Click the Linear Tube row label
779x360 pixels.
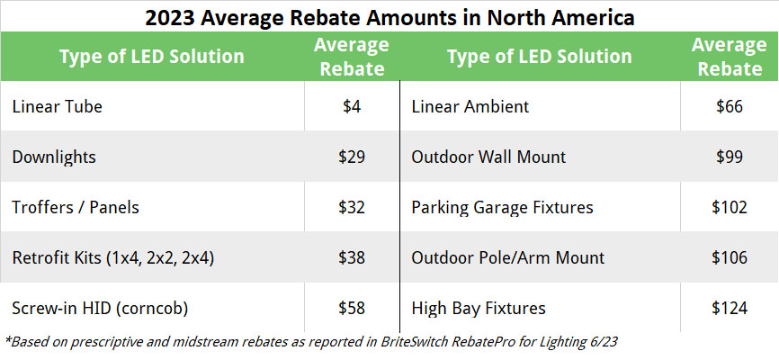58,106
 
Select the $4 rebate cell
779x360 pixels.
352,106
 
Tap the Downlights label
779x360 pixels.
54,157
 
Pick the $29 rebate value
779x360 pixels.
352,157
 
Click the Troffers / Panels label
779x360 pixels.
76,207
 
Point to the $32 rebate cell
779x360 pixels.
352,207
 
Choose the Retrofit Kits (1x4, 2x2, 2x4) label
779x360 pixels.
112,257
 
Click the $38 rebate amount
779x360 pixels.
352,257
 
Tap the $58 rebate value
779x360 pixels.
352,308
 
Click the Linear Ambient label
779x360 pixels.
470,106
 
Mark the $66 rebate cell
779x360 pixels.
730,106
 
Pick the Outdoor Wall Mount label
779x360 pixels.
488,157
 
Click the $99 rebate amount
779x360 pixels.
730,157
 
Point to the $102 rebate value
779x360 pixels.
730,207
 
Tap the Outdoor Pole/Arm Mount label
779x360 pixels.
504,257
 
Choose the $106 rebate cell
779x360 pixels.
730,257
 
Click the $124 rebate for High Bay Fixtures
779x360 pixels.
730,308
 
